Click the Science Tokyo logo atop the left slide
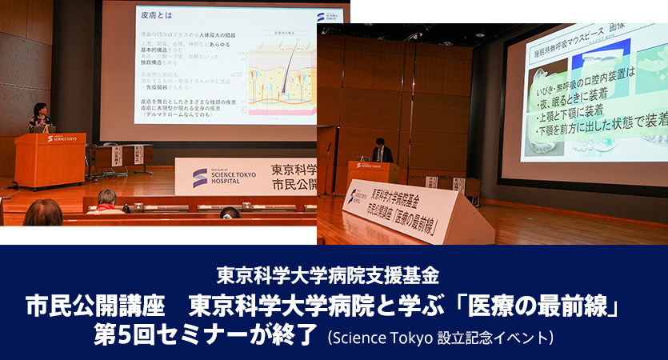pos(328,15)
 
